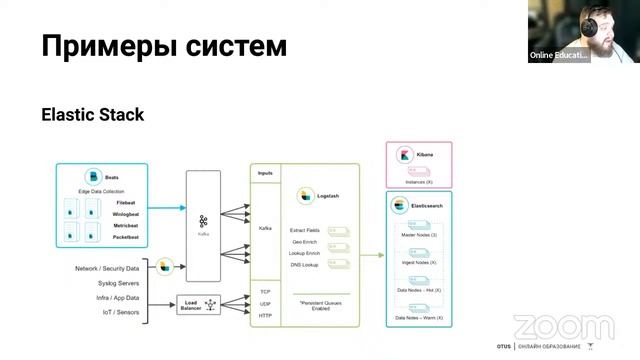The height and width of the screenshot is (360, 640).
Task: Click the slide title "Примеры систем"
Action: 164,45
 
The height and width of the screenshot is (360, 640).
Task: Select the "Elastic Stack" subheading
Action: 92,115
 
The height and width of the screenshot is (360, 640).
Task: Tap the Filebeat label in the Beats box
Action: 126,202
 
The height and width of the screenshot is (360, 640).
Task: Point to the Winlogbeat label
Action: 126,214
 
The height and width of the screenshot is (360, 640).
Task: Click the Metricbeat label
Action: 126,226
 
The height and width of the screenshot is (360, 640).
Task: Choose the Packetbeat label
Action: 126,238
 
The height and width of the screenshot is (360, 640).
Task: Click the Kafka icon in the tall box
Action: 203,222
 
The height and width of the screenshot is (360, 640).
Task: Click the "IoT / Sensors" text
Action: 122,313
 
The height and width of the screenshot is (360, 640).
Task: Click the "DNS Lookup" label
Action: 305,263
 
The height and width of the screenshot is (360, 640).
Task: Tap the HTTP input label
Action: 265,315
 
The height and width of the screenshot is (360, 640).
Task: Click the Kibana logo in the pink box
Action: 405,157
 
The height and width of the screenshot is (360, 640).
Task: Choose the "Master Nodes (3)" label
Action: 419,234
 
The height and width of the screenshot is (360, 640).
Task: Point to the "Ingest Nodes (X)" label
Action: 419,262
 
